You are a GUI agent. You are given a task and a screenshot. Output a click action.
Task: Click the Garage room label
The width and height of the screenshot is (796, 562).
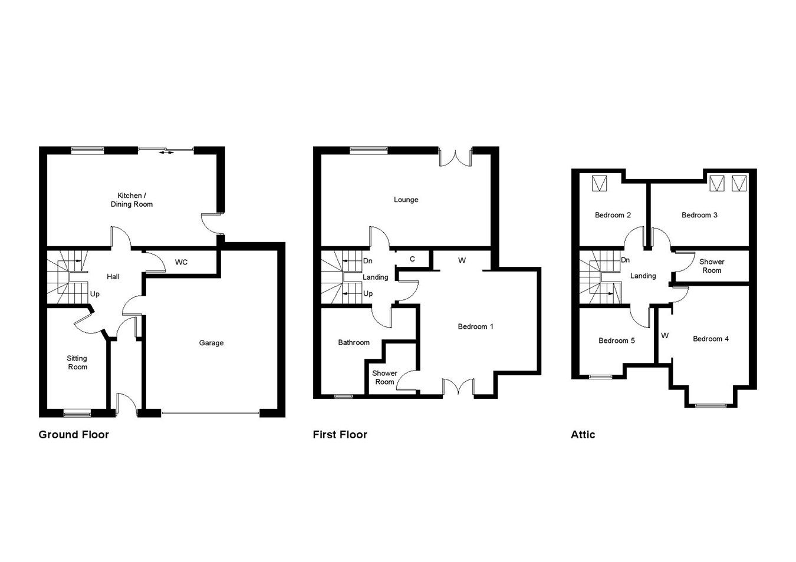coord(211,343)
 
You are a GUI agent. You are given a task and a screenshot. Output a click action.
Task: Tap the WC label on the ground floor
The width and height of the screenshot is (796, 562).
coord(181,262)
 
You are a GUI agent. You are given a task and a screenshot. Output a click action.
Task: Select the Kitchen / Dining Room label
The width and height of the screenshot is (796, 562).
coord(131,200)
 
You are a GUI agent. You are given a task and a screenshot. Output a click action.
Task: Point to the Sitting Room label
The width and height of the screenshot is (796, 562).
coord(77,362)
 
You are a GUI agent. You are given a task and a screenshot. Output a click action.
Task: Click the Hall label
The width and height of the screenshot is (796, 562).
coord(113,276)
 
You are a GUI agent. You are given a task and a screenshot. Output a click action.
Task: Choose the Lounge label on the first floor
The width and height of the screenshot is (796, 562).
coord(406,200)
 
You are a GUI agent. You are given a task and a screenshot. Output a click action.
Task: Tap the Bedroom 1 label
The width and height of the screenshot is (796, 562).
coord(475,326)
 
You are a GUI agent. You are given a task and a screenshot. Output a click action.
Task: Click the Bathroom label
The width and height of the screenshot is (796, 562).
coord(354,342)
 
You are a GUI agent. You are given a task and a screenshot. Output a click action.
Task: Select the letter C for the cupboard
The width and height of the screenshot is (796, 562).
coord(412,259)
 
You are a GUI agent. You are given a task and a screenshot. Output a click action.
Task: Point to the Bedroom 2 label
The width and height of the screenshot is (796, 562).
coord(613,215)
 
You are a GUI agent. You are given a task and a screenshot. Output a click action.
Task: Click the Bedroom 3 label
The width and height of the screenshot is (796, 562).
coord(699,215)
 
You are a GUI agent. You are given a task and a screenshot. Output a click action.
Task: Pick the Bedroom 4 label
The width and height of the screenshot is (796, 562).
coord(711,339)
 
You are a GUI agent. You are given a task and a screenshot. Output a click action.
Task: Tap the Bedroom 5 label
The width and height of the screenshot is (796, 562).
coord(616,340)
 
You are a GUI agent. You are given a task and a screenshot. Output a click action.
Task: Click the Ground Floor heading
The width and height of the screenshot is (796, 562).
coord(74,435)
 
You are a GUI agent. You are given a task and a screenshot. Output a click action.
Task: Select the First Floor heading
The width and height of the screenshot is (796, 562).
coord(340,435)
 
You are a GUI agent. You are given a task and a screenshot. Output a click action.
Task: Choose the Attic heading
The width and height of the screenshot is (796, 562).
coord(583,435)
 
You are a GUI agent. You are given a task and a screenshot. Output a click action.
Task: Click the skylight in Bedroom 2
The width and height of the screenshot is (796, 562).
coord(600,184)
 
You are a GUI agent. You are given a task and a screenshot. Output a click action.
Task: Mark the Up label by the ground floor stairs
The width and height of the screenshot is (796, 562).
coord(94,294)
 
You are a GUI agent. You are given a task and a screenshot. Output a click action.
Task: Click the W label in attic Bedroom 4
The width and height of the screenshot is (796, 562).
coord(665,336)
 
